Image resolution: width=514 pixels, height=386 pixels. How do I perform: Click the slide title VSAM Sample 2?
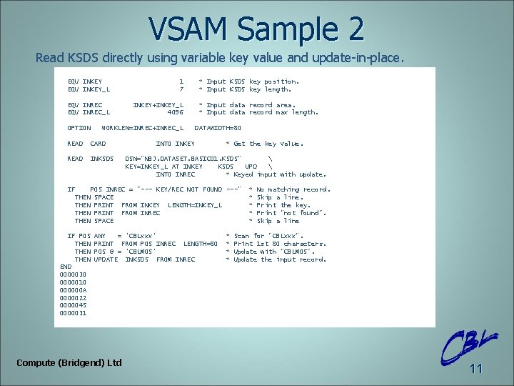(257, 29)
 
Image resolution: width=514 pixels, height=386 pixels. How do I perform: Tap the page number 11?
(476, 369)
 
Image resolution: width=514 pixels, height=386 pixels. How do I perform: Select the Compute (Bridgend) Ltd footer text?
(69, 363)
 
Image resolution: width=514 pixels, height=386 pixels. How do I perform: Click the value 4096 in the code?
(175, 112)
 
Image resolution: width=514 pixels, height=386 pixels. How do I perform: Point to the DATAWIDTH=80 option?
(218, 128)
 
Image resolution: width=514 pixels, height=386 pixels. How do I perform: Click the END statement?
(66, 267)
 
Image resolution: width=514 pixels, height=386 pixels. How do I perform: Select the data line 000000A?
(74, 290)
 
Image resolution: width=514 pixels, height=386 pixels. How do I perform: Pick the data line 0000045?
(74, 305)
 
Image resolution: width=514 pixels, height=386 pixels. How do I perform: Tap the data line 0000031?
(74, 313)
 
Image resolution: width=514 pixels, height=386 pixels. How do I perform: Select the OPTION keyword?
(79, 128)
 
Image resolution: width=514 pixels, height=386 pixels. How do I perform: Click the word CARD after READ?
(98, 144)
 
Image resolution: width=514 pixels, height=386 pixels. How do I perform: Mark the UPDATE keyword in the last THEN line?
(106, 259)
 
